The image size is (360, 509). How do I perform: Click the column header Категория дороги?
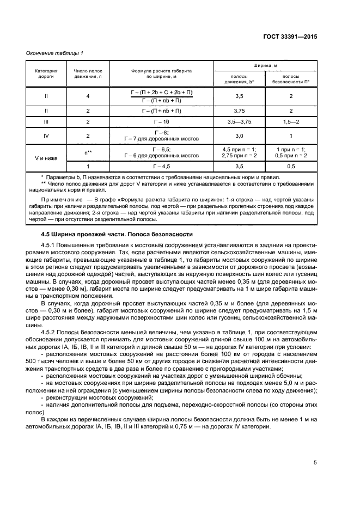click(46, 74)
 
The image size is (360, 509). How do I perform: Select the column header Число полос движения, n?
click(88, 74)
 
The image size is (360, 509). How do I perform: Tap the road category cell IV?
click(46, 136)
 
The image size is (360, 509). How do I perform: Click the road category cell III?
click(46, 122)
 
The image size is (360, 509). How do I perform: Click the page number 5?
click(315, 463)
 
